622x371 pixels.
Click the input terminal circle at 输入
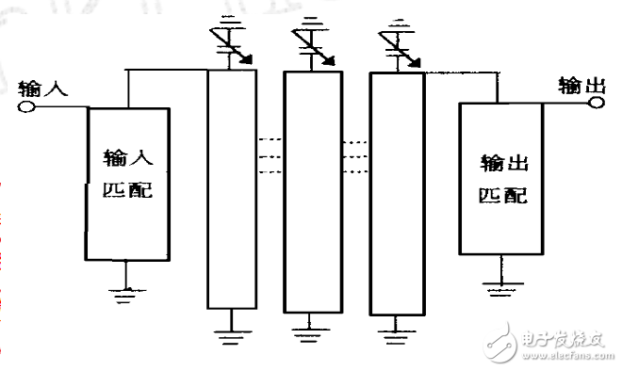pos(26,106)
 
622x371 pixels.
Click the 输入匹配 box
pos(128,184)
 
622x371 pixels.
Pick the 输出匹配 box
pos(500,177)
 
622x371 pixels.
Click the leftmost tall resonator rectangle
pos(231,188)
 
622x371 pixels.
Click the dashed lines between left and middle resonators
pos(270,157)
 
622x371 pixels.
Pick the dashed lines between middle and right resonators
pos(354,157)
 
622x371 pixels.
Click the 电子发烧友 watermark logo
pos(546,344)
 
